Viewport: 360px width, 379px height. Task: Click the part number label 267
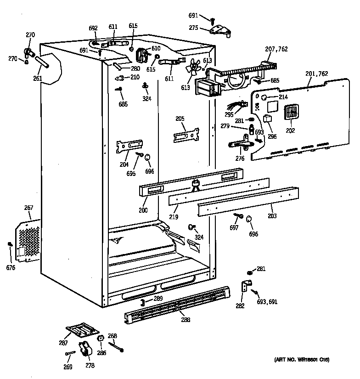tap(28, 208)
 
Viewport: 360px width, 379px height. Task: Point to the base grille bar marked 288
tap(177, 304)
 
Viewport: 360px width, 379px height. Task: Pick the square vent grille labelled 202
tap(291, 113)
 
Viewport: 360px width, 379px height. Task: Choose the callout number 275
tap(194, 28)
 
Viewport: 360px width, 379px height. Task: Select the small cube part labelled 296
tap(267, 119)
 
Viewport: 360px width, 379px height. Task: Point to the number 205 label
tap(180, 119)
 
